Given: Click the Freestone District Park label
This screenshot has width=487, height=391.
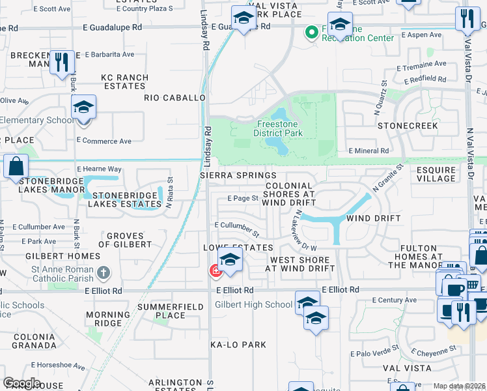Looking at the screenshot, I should coord(280,128).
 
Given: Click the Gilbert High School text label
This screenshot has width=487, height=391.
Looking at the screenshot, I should coord(254,304).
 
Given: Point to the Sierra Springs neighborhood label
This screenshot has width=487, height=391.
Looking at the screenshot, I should coord(238,175).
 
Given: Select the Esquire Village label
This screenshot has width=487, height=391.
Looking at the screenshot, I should coord(436,174).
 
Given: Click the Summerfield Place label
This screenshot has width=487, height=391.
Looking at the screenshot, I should coord(161,311).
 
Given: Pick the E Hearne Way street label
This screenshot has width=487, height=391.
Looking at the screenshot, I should coord(99,168).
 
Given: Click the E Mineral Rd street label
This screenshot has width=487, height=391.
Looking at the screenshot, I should coord(369,150).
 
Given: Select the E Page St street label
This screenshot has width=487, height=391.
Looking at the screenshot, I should coord(243,198).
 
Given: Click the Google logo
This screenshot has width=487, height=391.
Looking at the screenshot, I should coord(21,383).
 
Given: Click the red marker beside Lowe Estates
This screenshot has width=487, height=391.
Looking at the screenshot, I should coord(214,270).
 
